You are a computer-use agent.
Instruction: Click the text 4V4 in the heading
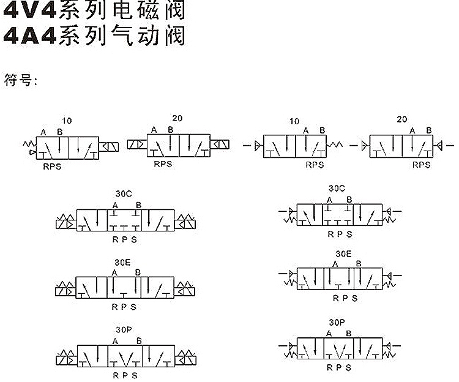[29, 10]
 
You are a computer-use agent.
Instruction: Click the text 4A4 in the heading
[29, 36]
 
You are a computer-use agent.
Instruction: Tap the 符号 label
[18, 80]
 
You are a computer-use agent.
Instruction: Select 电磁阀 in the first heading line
[149, 10]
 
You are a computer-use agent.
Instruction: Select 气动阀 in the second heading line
[149, 36]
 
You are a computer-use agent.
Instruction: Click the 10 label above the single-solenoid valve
[67, 121]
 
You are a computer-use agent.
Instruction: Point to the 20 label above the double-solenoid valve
[177, 118]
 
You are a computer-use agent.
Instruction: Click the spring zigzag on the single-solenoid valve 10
[30, 144]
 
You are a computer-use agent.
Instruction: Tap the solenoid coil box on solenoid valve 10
[108, 147]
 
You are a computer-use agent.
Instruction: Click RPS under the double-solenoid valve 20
[163, 164]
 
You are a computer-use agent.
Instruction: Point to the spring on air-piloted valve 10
[334, 144]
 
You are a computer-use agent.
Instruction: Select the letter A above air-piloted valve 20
[412, 131]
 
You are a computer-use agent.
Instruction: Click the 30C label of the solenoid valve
[124, 194]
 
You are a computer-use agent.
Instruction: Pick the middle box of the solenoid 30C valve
[124, 220]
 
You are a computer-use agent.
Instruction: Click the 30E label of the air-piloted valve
[343, 254]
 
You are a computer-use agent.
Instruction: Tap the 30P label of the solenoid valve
[124, 330]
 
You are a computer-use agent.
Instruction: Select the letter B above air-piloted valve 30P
[349, 334]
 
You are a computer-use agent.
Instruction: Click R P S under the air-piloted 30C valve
[340, 234]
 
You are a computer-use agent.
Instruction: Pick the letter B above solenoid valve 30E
[138, 272]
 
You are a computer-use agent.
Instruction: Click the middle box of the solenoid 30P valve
[125, 356]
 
